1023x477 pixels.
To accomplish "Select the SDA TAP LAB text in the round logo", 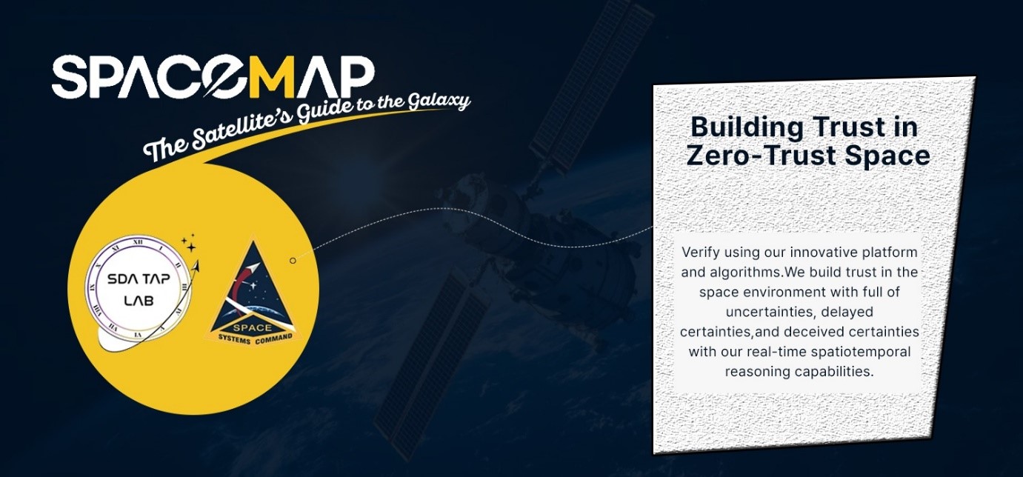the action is click(139, 290).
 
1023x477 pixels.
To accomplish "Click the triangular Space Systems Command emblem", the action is click(253, 293).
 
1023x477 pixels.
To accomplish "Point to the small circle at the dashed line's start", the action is click(293, 261).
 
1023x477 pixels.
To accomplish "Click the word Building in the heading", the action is click(747, 128).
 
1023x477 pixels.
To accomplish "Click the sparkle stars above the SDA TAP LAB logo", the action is click(189, 242).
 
